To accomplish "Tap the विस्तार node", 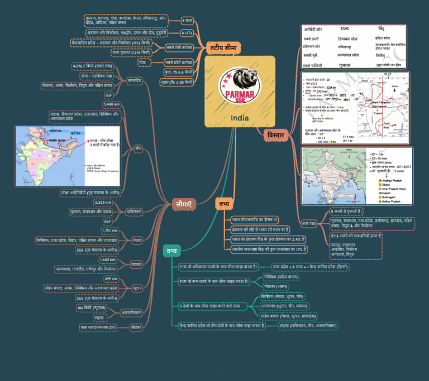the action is point(275,136).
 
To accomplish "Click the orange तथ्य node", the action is point(225,204).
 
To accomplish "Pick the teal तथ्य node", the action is point(172,251).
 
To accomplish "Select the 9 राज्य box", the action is point(188,21).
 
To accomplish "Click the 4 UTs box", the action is point(187,33).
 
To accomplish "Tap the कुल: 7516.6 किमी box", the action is point(179,73).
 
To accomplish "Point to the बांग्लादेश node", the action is point(134,80).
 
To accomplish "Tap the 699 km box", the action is point(111,279).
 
